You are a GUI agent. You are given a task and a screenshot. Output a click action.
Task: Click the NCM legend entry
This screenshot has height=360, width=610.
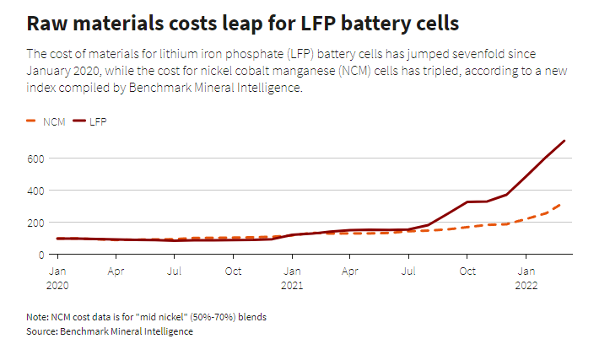tap(47, 122)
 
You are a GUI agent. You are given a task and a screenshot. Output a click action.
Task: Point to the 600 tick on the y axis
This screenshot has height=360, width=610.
tap(36, 159)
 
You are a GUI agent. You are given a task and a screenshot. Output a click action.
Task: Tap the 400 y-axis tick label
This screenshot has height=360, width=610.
tap(36, 191)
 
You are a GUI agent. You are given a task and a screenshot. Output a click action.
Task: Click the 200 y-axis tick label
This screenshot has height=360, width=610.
tap(36, 223)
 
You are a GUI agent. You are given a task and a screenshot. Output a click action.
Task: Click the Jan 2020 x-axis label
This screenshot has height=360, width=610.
tap(57, 277)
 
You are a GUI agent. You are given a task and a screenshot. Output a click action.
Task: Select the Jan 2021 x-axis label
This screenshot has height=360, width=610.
tap(292, 277)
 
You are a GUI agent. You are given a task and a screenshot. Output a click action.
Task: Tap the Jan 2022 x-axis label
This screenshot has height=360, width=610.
tap(526, 277)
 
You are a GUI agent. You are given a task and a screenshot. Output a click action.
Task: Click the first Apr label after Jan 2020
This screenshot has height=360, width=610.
tap(116, 271)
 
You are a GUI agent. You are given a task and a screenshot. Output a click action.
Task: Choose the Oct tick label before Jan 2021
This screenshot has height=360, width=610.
tap(234, 271)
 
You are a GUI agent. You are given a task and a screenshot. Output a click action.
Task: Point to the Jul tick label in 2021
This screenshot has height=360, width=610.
tap(409, 271)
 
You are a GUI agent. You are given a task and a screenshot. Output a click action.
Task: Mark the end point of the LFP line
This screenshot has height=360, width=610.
tap(564, 141)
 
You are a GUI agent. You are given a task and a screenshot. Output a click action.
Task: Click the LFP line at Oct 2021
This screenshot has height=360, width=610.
tap(467, 202)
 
